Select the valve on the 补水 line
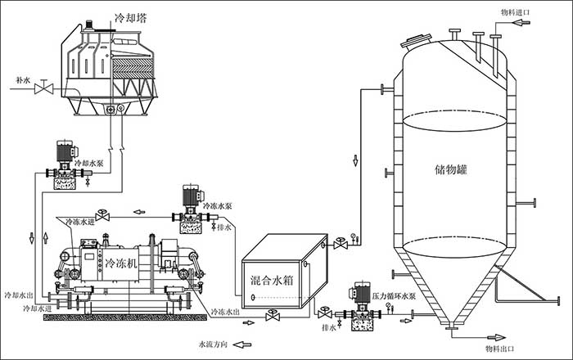pos(47,88)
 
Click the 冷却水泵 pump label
pos(89,164)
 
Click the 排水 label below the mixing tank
pos(330,328)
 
